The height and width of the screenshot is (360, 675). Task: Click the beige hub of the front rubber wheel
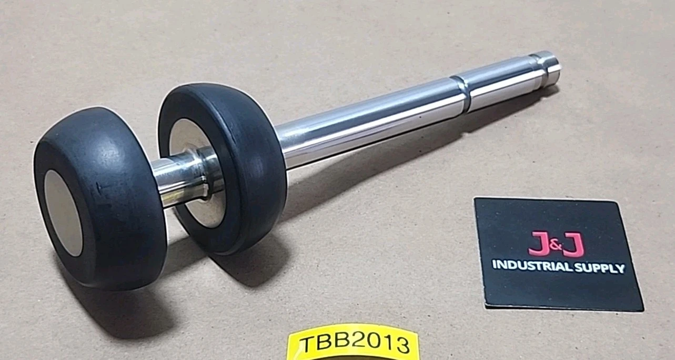63,213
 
